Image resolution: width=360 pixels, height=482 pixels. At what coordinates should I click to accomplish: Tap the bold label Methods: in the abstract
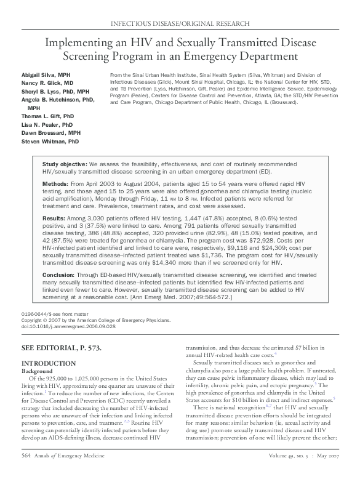55,183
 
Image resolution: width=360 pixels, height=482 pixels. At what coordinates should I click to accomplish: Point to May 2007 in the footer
326,472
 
